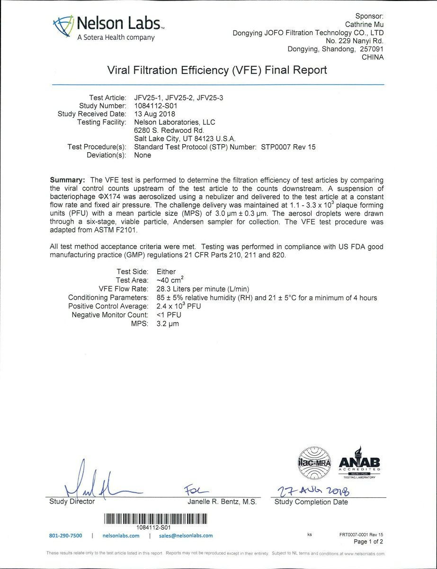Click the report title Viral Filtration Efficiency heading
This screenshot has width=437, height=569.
point(217,71)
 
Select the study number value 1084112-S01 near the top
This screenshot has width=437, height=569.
point(156,106)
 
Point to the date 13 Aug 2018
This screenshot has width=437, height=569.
point(155,114)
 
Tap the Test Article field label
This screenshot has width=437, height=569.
point(108,98)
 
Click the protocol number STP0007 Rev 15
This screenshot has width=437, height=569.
point(288,147)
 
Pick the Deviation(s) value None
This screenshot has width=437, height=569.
point(143,155)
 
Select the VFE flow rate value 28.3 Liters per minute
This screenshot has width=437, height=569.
point(192,289)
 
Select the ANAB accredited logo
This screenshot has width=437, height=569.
point(359,462)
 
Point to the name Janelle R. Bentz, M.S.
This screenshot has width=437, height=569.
point(222,502)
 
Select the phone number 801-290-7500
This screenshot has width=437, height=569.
point(65,536)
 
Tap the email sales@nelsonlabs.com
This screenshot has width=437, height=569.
point(186,536)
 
